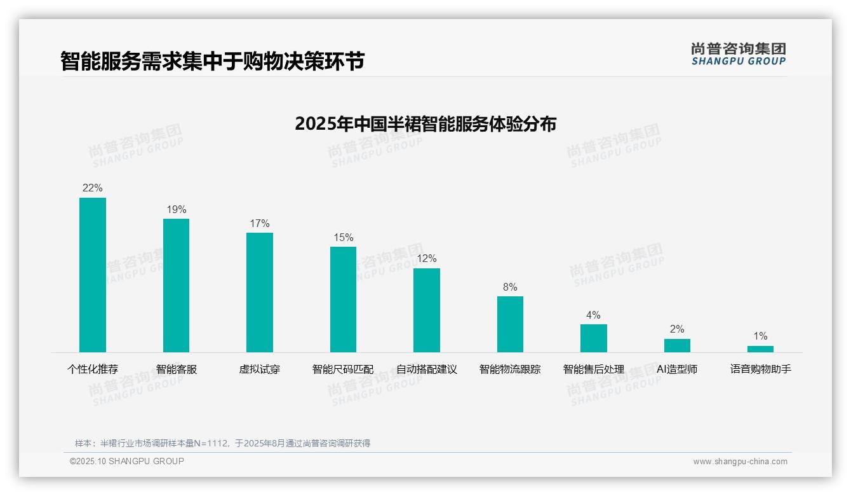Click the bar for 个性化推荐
(x=93, y=275)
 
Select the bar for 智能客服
(x=176, y=286)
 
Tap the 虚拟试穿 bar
(x=260, y=293)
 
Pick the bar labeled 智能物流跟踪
(x=510, y=324)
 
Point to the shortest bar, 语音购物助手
(x=760, y=349)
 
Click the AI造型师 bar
(x=677, y=345)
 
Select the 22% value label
(x=93, y=188)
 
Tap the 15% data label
(x=343, y=238)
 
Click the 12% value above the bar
(x=427, y=259)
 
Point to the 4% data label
(x=593, y=315)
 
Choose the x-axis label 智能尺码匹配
(x=343, y=369)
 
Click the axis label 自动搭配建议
(x=427, y=369)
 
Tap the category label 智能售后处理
(x=593, y=369)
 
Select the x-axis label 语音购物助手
(x=760, y=369)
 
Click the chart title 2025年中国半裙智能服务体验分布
(x=425, y=123)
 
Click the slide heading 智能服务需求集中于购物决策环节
(x=212, y=62)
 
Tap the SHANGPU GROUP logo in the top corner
(x=738, y=54)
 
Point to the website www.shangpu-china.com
(x=740, y=462)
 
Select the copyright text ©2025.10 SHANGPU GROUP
(x=127, y=461)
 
